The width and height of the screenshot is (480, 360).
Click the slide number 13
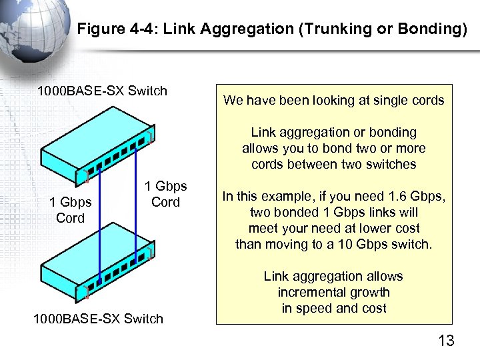pyautogui.click(x=446, y=341)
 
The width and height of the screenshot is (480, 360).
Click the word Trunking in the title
pyautogui.click(x=319, y=29)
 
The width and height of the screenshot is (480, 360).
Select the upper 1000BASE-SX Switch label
pyautogui.click(x=102, y=91)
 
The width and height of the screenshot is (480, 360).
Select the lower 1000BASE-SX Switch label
pyautogui.click(x=98, y=319)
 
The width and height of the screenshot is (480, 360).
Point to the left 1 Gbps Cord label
pyautogui.click(x=70, y=210)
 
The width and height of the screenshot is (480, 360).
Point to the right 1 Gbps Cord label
pyautogui.click(x=165, y=194)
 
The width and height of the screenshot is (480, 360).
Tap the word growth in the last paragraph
pyautogui.click(x=367, y=292)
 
